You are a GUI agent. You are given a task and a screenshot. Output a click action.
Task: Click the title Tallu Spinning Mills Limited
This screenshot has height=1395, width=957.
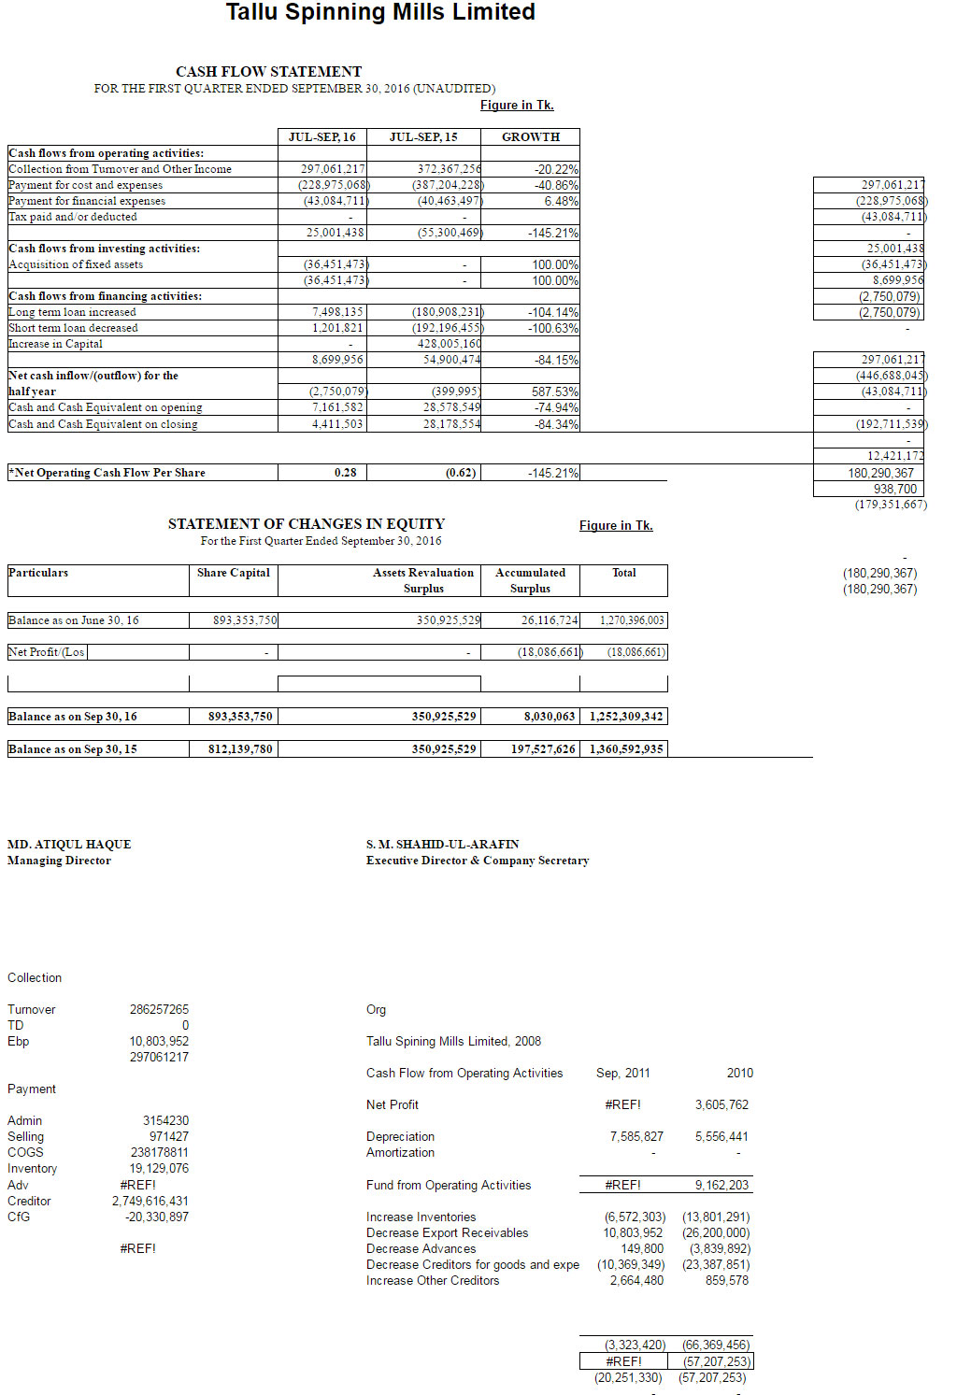coord(380,12)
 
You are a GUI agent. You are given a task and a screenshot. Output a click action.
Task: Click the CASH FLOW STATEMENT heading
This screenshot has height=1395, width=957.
coord(268,71)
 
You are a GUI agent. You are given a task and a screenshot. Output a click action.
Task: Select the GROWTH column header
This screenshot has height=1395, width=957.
coord(530,136)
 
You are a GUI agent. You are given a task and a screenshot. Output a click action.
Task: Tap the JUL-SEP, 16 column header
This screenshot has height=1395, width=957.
coord(321,136)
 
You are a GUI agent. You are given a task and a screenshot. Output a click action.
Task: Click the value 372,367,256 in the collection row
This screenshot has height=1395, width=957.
coord(449,169)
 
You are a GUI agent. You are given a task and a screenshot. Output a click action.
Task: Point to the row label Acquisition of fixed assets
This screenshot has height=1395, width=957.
coord(76,264)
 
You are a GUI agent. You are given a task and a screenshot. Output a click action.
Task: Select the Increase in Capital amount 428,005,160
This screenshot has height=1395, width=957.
coord(449,344)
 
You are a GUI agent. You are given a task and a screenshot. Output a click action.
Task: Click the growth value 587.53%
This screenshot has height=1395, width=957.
coord(555,391)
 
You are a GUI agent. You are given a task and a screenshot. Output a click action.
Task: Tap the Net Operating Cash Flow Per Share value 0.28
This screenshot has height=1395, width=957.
coord(345,473)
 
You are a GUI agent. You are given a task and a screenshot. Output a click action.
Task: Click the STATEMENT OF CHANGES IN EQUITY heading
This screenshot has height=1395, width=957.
coord(306,523)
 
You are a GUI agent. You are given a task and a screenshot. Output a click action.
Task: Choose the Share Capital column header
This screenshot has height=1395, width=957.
coord(233,573)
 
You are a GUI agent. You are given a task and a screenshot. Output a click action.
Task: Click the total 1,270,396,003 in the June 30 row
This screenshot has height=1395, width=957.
coord(632,620)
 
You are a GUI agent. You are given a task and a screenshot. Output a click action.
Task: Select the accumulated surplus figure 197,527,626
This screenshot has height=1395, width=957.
coord(542,748)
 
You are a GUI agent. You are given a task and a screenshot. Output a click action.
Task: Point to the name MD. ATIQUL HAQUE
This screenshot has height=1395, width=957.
coord(69,844)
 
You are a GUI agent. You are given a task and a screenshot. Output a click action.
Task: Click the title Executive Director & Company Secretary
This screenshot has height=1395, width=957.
coord(477,861)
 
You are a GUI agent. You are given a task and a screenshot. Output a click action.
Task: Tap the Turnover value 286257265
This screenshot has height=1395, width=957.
coord(159,1009)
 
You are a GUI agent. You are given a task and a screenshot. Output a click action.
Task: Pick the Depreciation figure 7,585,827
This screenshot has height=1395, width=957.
coord(636,1136)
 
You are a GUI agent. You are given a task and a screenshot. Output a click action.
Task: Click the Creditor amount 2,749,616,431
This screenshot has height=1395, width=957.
coord(150,1201)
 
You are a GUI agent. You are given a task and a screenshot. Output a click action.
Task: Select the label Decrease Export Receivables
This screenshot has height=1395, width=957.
coord(447,1232)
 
